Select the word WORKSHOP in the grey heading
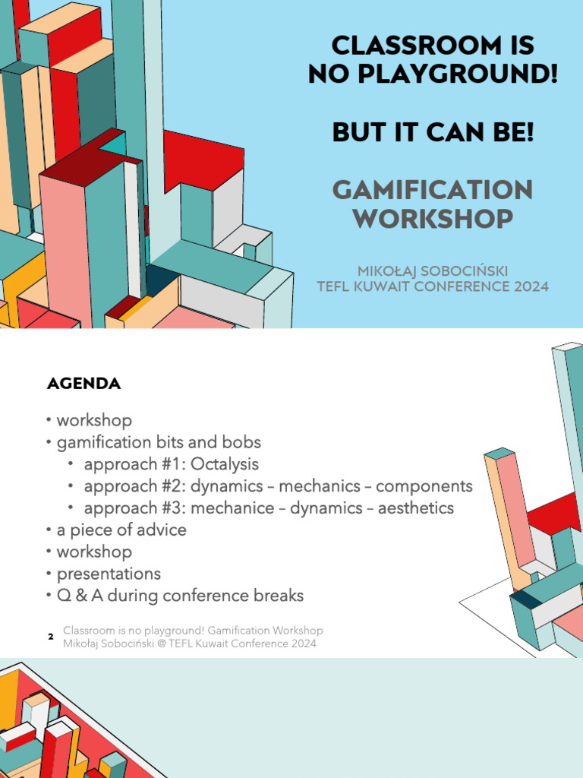coord(432,220)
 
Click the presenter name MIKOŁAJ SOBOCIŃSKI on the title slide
coord(432,271)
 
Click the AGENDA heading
coord(84,384)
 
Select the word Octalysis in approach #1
coord(225,464)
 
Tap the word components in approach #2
coord(424,486)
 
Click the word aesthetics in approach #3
coord(416,508)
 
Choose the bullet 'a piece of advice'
coord(121,530)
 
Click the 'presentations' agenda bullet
coord(109,574)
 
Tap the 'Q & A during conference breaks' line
coord(180,596)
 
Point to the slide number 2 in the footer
coord(50,637)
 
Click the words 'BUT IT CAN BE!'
coord(432,132)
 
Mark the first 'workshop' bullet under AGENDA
coord(94,420)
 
